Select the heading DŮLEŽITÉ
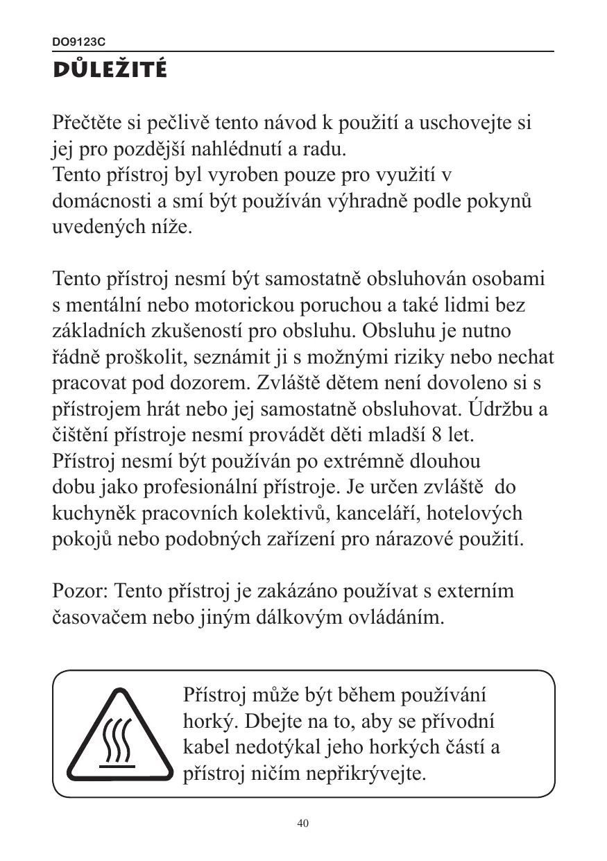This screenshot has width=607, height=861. [x=110, y=70]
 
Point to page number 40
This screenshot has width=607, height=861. [x=302, y=824]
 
